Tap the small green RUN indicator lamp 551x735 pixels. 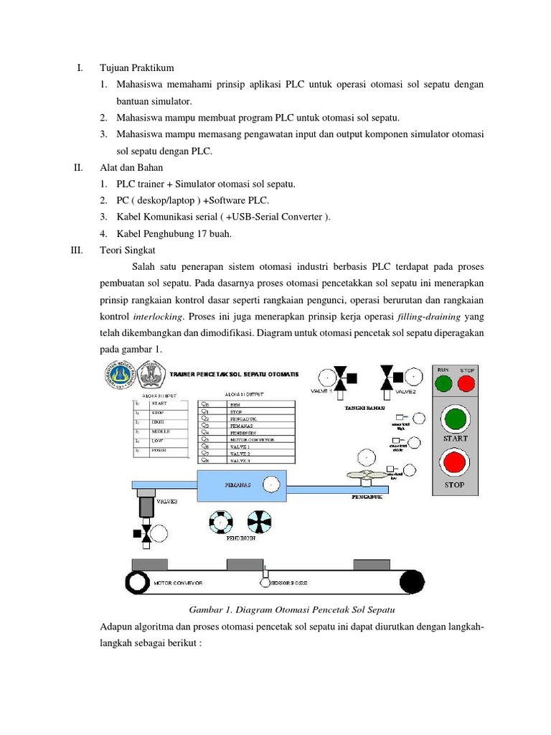pos(443,383)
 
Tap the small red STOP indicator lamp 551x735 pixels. pos(467,383)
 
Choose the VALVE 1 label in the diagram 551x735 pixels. pos(321,391)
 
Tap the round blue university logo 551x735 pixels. pos(120,375)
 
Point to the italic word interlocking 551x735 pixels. pos(159,317)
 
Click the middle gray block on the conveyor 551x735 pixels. pos(245,565)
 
